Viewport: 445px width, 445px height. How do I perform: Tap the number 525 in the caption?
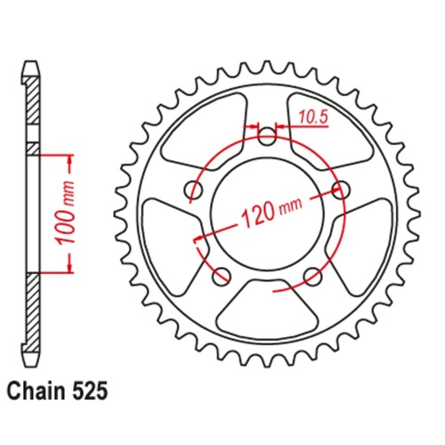click(95, 389)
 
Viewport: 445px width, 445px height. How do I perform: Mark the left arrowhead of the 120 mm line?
click(198, 239)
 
